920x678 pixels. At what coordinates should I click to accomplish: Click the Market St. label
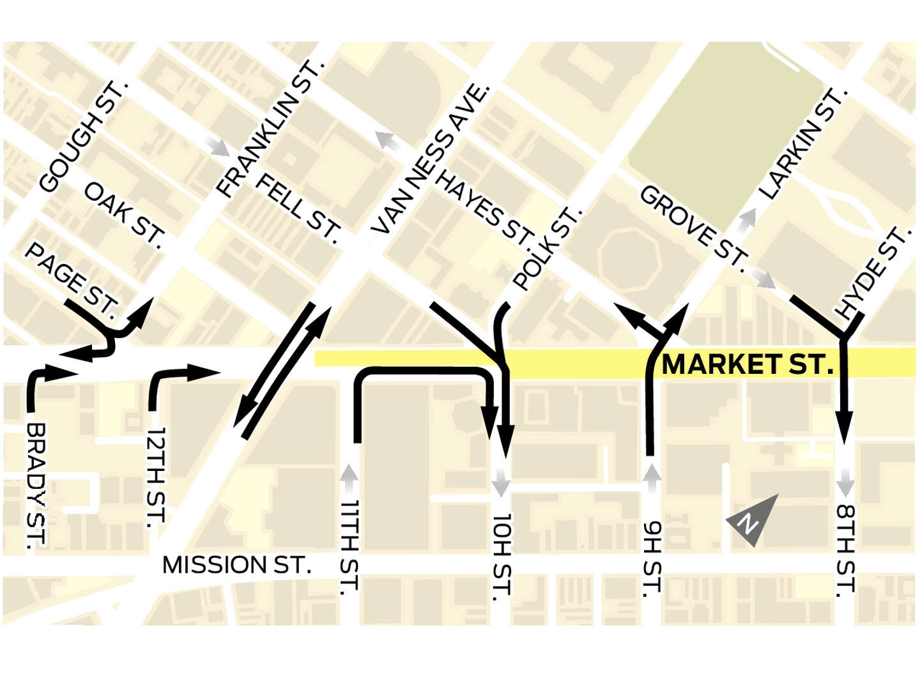tap(747, 365)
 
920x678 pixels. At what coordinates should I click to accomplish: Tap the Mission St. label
tap(236, 565)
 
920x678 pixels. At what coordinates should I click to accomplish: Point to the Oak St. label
tap(125, 213)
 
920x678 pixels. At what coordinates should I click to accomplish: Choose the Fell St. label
tap(298, 208)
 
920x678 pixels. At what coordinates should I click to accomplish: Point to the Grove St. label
tap(693, 227)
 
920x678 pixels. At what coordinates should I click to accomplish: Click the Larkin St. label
tap(802, 144)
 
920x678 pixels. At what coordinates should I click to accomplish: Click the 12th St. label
tap(156, 477)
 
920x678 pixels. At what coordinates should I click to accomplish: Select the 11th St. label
tap(349, 547)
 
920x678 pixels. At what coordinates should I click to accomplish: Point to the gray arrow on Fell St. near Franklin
tap(218, 147)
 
